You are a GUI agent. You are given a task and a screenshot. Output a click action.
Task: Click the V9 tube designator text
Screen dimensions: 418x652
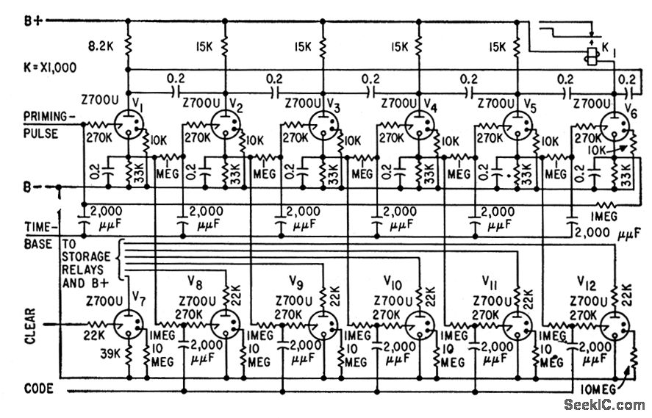click(296, 281)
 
